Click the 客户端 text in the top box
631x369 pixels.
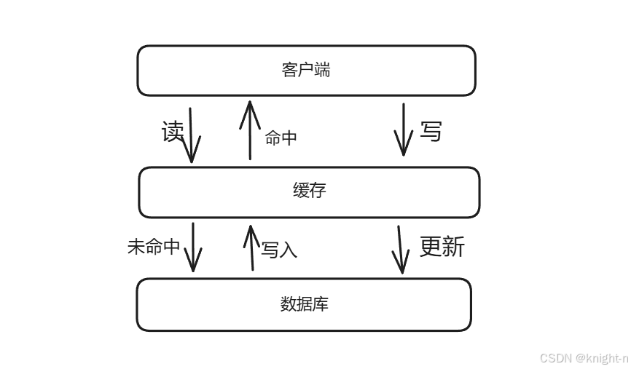305,70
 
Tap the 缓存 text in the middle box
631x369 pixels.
309,191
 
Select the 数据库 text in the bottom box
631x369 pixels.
304,303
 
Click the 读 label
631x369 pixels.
173,132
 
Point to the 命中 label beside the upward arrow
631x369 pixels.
281,138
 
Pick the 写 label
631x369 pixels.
431,132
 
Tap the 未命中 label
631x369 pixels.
154,247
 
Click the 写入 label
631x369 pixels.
279,250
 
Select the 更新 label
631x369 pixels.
442,247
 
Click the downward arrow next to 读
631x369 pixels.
191,135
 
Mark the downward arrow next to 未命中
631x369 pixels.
193,247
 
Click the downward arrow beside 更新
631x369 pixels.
400,249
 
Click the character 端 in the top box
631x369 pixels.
321,70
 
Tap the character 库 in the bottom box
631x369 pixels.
321,303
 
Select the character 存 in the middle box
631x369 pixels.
317,191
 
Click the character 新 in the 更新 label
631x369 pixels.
453,247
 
